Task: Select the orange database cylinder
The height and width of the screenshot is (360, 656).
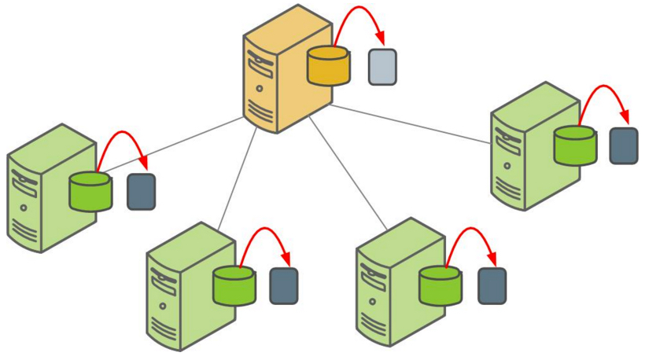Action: (x=328, y=68)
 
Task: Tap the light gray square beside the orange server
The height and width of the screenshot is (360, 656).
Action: (x=382, y=67)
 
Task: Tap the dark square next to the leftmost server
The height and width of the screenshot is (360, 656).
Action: (x=142, y=192)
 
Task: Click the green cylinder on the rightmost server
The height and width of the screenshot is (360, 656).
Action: (x=575, y=146)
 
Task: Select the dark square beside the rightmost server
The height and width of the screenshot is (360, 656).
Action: (x=624, y=145)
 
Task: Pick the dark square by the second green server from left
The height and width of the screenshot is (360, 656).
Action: (x=284, y=286)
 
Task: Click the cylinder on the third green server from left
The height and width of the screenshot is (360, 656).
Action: (x=440, y=286)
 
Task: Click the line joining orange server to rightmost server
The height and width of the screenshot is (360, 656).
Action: (x=409, y=124)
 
